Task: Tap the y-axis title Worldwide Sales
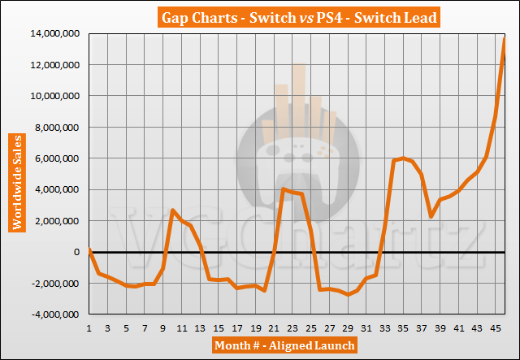tap(15, 172)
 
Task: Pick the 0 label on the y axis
tap(79, 252)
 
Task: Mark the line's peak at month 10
tap(172, 210)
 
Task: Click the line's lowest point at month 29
tap(348, 294)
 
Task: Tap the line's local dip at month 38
tap(431, 216)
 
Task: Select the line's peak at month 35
tap(403, 158)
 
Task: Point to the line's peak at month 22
tap(283, 189)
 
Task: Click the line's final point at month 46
tap(505, 39)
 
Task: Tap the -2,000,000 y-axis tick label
tap(56, 284)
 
